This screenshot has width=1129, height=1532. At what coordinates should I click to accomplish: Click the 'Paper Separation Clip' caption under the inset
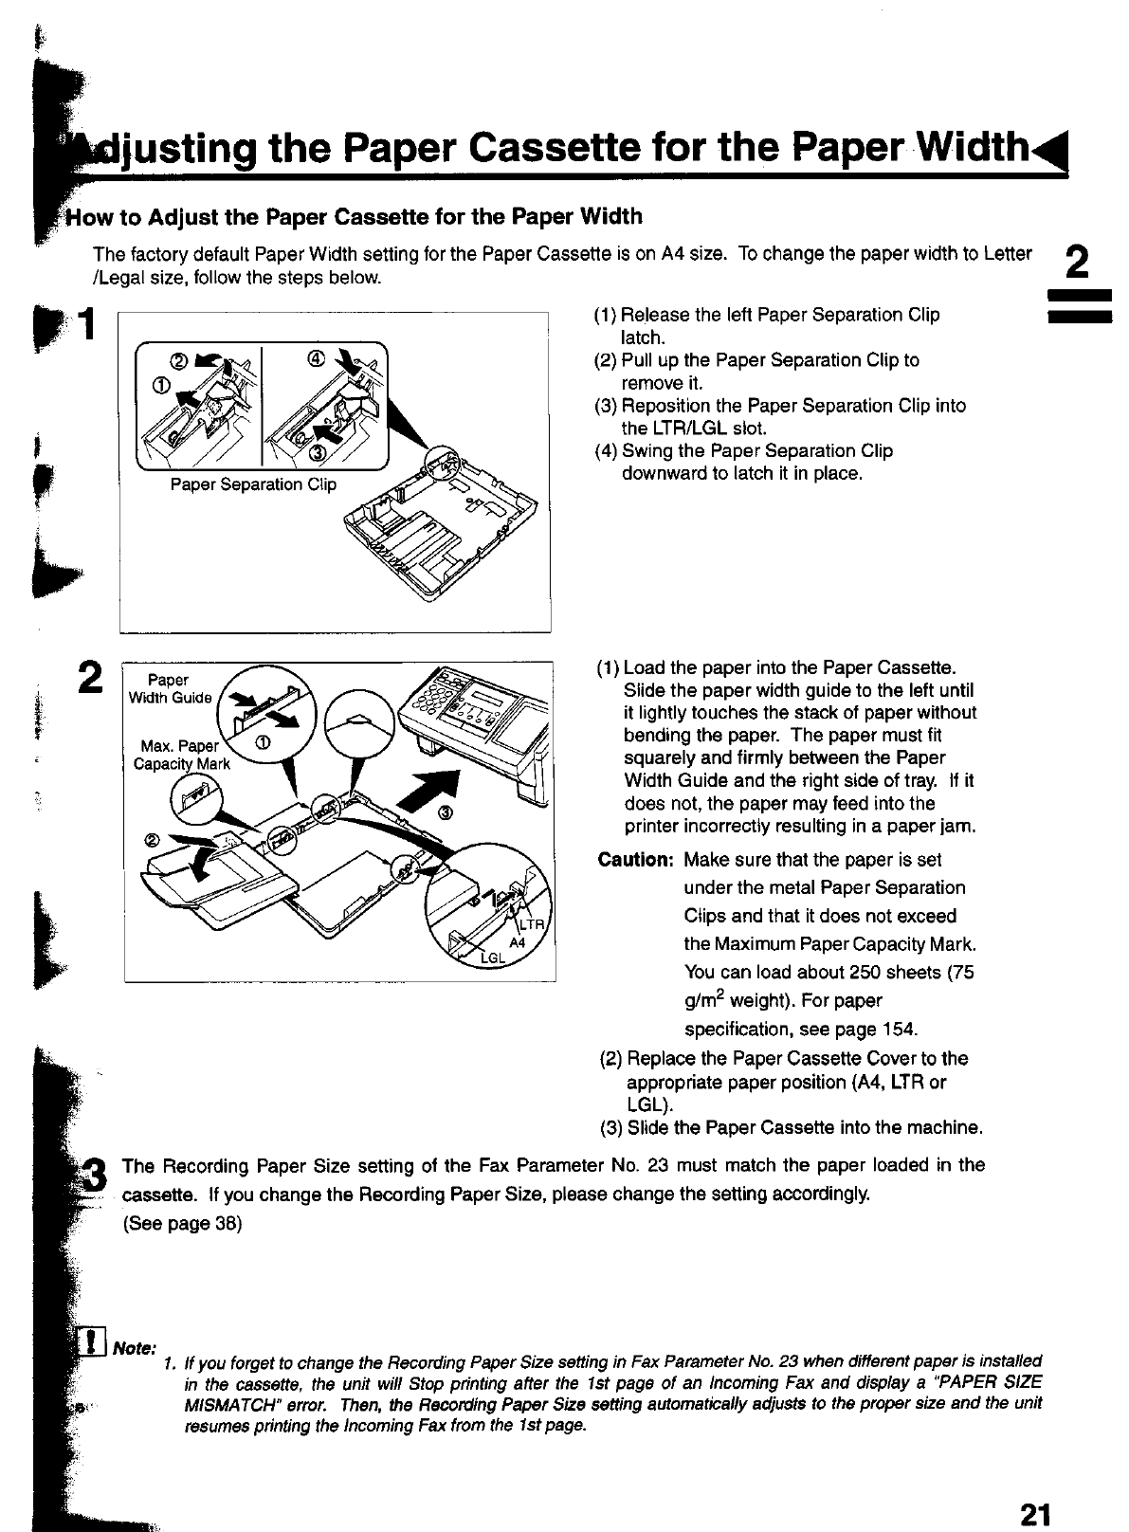253,484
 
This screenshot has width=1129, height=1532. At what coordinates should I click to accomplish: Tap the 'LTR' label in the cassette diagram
533,924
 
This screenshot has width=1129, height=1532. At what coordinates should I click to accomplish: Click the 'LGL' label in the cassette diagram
494,957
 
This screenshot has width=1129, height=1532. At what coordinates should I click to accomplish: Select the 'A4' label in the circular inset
518,942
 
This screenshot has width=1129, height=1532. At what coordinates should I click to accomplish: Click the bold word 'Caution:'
635,860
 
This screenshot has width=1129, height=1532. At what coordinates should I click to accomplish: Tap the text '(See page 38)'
183,1224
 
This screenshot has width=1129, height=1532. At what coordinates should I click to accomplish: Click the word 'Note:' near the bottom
133,1348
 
